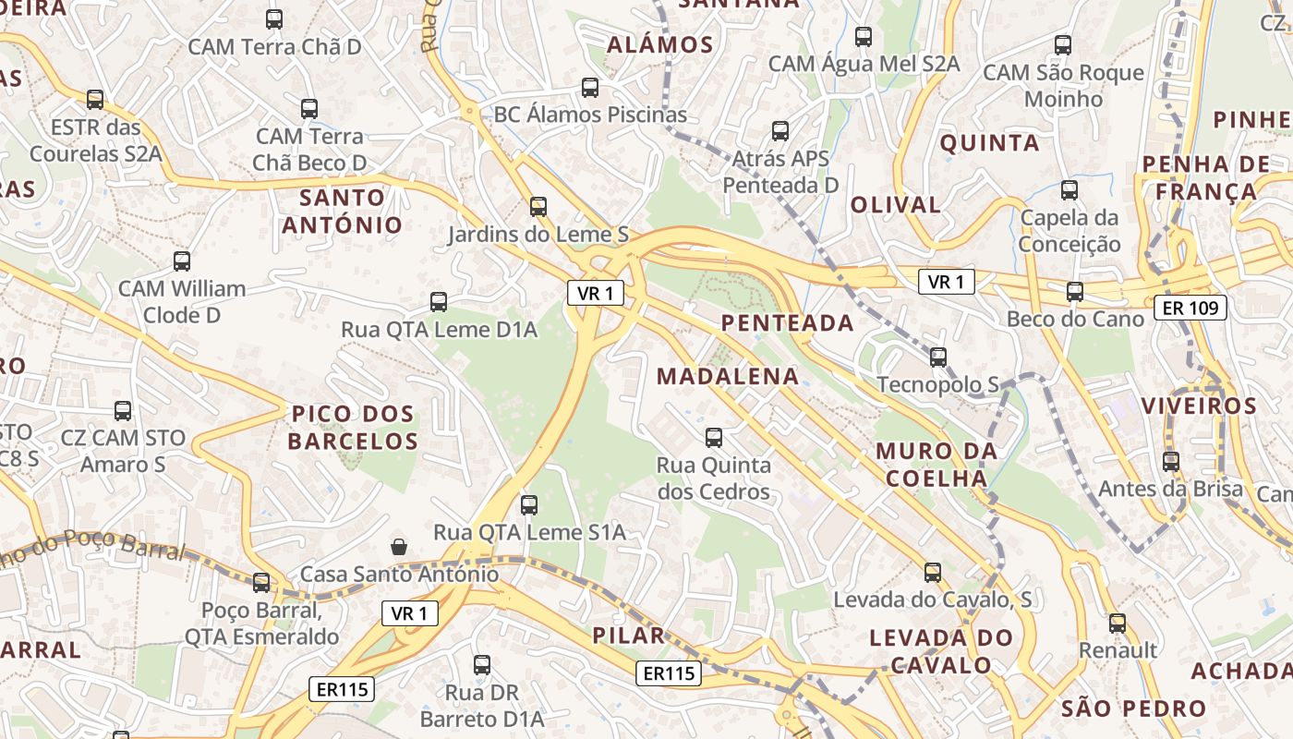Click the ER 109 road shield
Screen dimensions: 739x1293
(x=1190, y=308)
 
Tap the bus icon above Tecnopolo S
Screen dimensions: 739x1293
(x=938, y=357)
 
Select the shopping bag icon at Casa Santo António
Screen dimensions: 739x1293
(x=399, y=547)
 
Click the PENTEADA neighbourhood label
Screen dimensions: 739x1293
(x=788, y=322)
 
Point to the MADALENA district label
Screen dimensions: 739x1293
(x=728, y=376)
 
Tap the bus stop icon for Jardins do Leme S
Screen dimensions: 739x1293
(x=538, y=207)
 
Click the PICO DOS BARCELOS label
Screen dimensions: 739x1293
(x=353, y=427)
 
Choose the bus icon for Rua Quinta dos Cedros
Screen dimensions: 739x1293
(x=714, y=438)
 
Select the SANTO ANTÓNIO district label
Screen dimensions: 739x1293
(x=343, y=211)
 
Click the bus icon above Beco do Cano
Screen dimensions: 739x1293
(x=1075, y=292)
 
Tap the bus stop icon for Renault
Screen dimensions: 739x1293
(x=1118, y=624)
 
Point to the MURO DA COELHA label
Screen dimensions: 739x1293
(x=937, y=465)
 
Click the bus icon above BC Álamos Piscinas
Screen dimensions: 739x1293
(x=590, y=88)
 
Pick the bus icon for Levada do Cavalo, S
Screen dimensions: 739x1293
(x=933, y=573)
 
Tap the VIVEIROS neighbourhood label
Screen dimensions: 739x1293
(x=1199, y=406)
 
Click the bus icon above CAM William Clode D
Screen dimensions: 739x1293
(x=182, y=261)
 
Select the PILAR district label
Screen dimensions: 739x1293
(x=629, y=636)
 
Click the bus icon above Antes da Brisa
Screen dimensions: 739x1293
(x=1171, y=462)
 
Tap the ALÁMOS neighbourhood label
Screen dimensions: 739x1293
(x=660, y=44)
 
